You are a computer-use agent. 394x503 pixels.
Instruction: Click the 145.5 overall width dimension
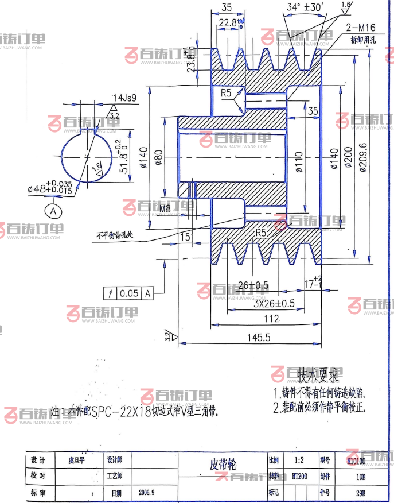pos(258,338)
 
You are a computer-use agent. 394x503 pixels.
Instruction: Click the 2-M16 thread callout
pos(360,27)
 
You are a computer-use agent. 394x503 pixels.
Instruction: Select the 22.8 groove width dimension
pos(228,22)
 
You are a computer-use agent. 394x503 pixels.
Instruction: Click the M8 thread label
pos(165,208)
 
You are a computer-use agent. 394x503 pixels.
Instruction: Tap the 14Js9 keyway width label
pos(124,98)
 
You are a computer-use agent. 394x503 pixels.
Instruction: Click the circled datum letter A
pos(54,211)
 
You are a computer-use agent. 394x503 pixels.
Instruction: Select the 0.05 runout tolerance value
pos(129,293)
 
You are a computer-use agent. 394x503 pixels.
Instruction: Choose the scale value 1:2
pos(299,461)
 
